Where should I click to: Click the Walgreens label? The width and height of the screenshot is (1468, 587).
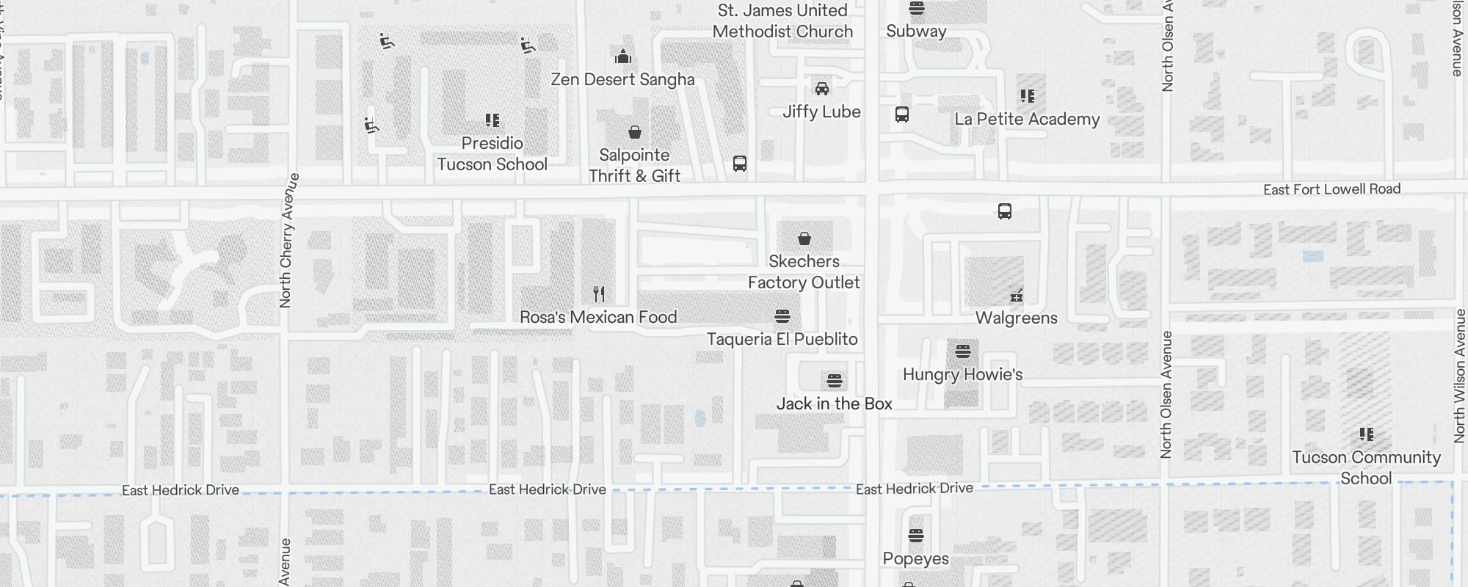coord(1016,318)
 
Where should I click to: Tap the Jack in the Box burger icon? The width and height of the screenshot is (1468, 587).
coord(834,381)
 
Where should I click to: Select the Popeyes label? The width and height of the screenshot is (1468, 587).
coord(915,558)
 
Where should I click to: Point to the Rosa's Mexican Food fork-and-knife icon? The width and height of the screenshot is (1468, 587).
coord(599,294)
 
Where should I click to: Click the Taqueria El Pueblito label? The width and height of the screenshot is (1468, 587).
coord(782,339)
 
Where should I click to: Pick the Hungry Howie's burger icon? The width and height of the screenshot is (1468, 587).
coord(963,351)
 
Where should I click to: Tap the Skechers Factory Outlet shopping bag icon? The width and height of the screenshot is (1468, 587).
coord(804,238)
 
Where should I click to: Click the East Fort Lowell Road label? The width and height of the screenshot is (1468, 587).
coord(1331,189)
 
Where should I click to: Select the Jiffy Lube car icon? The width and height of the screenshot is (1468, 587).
coord(821,89)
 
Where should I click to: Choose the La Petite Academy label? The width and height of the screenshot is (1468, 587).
coord(1027,119)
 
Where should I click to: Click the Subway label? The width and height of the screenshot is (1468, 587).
coord(915,31)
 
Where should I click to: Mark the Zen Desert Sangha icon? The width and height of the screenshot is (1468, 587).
coord(622,56)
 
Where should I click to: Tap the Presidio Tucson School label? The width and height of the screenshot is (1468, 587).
coord(492,153)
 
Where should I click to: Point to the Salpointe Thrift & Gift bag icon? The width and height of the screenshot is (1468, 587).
coord(634,132)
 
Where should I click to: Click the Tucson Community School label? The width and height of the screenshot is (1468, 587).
coord(1366,467)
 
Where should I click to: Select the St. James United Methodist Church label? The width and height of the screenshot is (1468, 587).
coord(782,21)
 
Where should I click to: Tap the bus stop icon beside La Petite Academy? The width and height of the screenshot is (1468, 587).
coord(902,114)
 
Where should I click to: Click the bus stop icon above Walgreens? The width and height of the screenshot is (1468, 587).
coord(1005,211)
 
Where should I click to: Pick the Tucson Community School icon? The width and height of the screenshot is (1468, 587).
coord(1366,434)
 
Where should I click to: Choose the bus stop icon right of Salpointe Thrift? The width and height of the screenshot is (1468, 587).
coord(740,164)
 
